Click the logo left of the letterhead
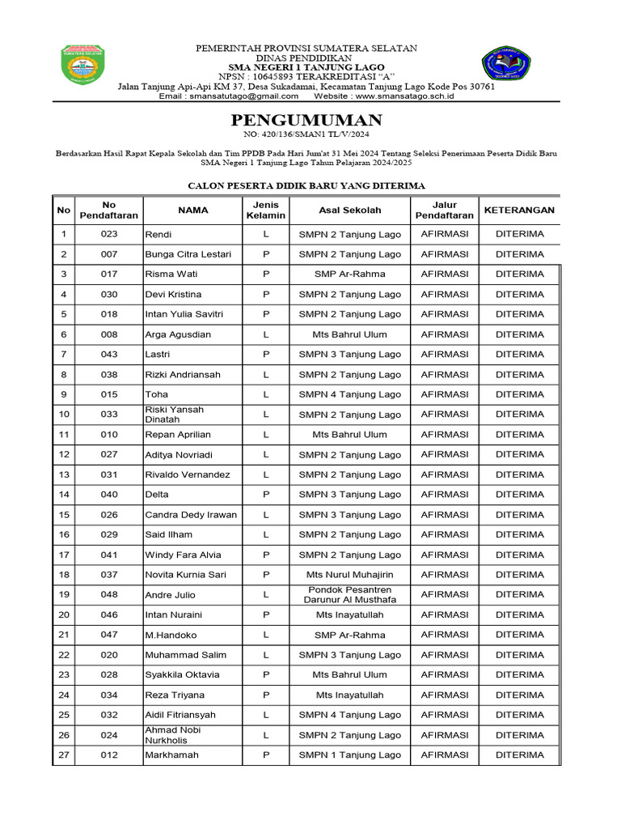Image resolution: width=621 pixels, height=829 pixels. coord(82,65)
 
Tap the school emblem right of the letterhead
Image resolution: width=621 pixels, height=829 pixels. coord(506,65)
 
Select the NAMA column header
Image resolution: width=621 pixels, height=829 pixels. coord(193,210)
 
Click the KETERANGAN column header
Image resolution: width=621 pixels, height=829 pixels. coord(519,210)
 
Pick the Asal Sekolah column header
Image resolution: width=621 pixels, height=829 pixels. coord(349,210)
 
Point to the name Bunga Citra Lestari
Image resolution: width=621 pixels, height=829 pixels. coord(188,254)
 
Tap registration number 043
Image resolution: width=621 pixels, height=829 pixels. coord(109,355)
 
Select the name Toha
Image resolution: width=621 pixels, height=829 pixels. coord(156,394)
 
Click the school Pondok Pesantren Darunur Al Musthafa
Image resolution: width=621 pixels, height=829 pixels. coord(349,594)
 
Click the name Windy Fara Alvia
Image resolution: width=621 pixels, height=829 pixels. coord(183,555)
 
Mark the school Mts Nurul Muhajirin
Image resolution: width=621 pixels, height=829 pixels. coord(349,575)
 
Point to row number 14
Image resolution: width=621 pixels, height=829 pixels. coord(64,495)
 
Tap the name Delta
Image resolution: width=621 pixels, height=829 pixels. coord(157,495)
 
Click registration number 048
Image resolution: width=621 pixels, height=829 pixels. coord(109,594)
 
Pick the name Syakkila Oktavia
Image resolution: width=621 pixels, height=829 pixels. coord(182,674)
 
